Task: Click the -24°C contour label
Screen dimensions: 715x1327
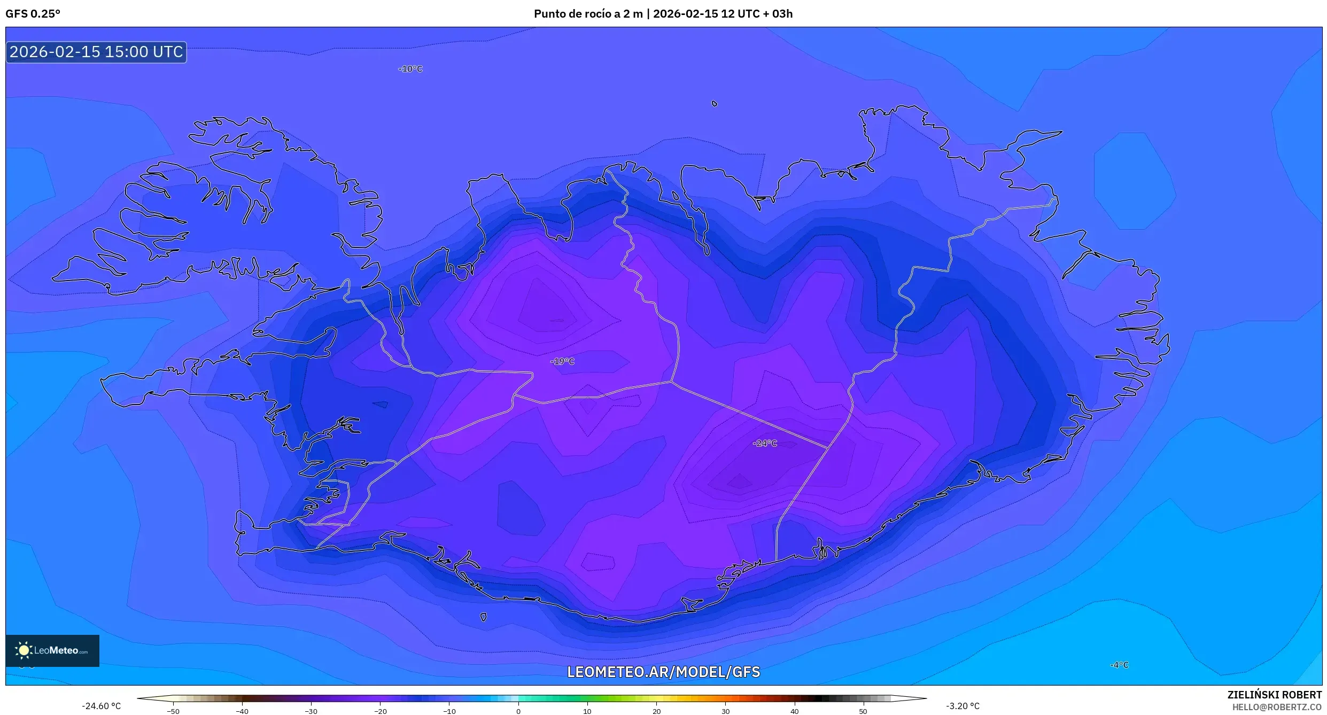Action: click(x=764, y=443)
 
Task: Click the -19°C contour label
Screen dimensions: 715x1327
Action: click(x=562, y=361)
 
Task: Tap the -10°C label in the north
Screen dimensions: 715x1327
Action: click(x=410, y=69)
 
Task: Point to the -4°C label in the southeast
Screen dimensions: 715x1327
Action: click(x=1119, y=665)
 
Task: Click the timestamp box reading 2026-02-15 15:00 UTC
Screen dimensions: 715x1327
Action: click(x=96, y=52)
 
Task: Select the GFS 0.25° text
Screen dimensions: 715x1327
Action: click(x=33, y=14)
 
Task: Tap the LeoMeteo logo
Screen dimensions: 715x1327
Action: click(x=52, y=650)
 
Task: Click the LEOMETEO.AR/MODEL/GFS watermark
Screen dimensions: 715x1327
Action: click(x=663, y=672)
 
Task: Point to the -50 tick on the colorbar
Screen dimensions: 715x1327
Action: click(x=173, y=710)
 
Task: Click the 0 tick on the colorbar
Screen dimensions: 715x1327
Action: click(x=518, y=710)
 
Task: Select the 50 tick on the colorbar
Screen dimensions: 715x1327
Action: click(x=863, y=710)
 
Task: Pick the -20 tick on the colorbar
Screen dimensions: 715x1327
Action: click(x=380, y=710)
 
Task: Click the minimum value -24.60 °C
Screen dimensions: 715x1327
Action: click(x=101, y=706)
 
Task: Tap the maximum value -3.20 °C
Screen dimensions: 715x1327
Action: click(x=963, y=706)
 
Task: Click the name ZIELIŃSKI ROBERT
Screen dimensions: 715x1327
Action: click(x=1274, y=695)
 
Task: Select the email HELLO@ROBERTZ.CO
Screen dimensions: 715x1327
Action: click(x=1277, y=707)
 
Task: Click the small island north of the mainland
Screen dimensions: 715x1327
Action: click(x=714, y=104)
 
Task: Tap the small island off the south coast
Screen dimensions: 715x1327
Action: click(x=483, y=617)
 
